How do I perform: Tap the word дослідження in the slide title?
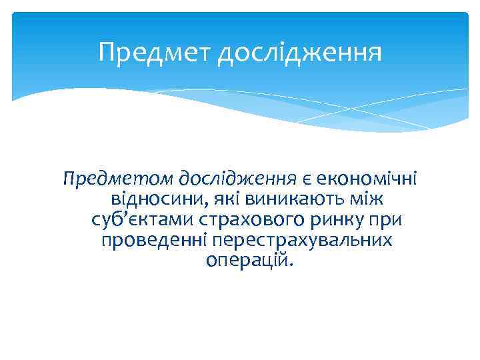click(x=301, y=53)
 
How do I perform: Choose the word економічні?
click(x=367, y=179)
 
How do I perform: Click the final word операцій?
click(x=249, y=261)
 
